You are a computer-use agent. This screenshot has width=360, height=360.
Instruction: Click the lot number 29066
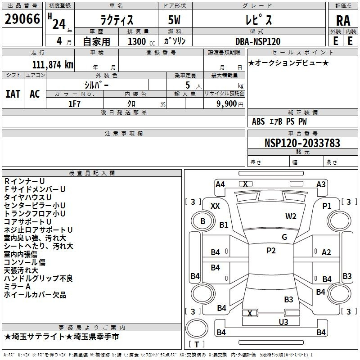click(x=22, y=19)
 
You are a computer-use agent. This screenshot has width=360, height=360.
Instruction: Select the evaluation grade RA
click(x=343, y=21)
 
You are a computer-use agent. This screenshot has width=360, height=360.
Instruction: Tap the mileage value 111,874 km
click(x=53, y=65)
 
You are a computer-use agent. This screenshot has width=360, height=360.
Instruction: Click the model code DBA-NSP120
click(x=258, y=41)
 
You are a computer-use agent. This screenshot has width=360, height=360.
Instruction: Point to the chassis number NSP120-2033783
click(x=302, y=143)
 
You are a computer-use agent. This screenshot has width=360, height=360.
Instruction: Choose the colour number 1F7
click(x=74, y=104)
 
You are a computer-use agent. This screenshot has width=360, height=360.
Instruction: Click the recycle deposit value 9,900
click(x=227, y=104)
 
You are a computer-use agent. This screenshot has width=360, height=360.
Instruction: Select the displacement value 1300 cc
click(x=141, y=41)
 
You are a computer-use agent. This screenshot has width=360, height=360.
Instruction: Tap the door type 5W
click(x=174, y=20)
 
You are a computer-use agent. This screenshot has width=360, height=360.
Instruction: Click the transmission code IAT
click(x=13, y=94)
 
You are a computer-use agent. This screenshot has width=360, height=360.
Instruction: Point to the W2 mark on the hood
click(x=291, y=216)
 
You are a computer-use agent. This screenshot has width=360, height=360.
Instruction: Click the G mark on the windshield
click(x=284, y=237)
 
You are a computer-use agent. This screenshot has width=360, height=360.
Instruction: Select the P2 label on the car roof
click(x=271, y=251)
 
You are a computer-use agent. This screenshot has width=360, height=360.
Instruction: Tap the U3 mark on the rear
click(x=283, y=322)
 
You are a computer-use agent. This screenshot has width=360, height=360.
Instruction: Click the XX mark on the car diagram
click(x=215, y=206)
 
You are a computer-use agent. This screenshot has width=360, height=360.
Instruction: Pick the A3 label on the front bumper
click(x=321, y=184)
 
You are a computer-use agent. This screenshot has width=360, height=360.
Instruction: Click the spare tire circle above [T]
click(x=197, y=328)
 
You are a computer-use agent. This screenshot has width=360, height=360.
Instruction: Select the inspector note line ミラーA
click(x=17, y=287)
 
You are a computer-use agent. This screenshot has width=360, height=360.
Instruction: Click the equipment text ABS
click(x=258, y=121)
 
